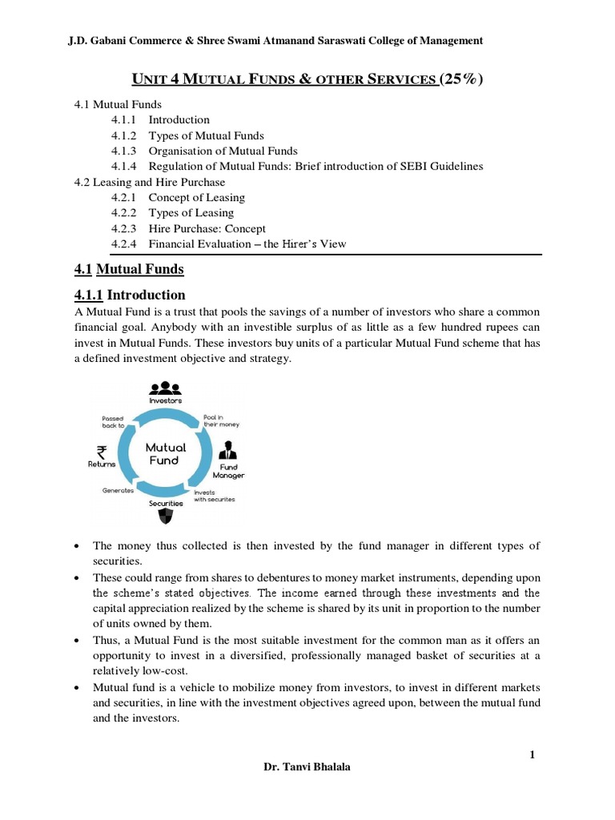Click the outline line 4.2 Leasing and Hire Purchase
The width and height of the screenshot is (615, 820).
tap(149, 182)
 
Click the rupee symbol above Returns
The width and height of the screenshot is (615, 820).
tap(102, 452)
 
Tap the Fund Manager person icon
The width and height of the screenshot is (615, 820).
tap(228, 449)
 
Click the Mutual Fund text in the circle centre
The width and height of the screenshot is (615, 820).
tap(166, 454)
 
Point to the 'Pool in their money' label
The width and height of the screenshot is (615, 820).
tap(222, 420)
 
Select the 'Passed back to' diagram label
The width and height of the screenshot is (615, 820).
tap(112, 421)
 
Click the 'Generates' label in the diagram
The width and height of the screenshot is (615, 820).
tap(118, 490)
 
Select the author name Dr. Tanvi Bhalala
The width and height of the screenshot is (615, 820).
tap(307, 766)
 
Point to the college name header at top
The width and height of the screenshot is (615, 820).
tap(275, 40)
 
